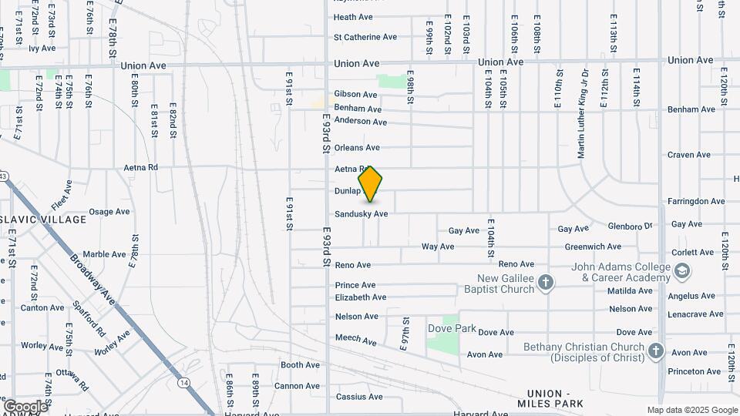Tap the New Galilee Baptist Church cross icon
(x=546, y=282)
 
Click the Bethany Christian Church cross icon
(x=655, y=351)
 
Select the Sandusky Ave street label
(x=361, y=214)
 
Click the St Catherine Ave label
(x=365, y=37)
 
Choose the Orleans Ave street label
(x=357, y=147)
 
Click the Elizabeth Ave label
(x=360, y=297)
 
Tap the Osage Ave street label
(x=109, y=212)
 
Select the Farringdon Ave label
(x=696, y=201)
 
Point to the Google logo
(x=25, y=406)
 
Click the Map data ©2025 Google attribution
(x=692, y=411)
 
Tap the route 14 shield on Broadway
(x=183, y=382)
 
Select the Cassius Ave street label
(x=359, y=398)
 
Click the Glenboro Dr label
(x=630, y=226)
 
